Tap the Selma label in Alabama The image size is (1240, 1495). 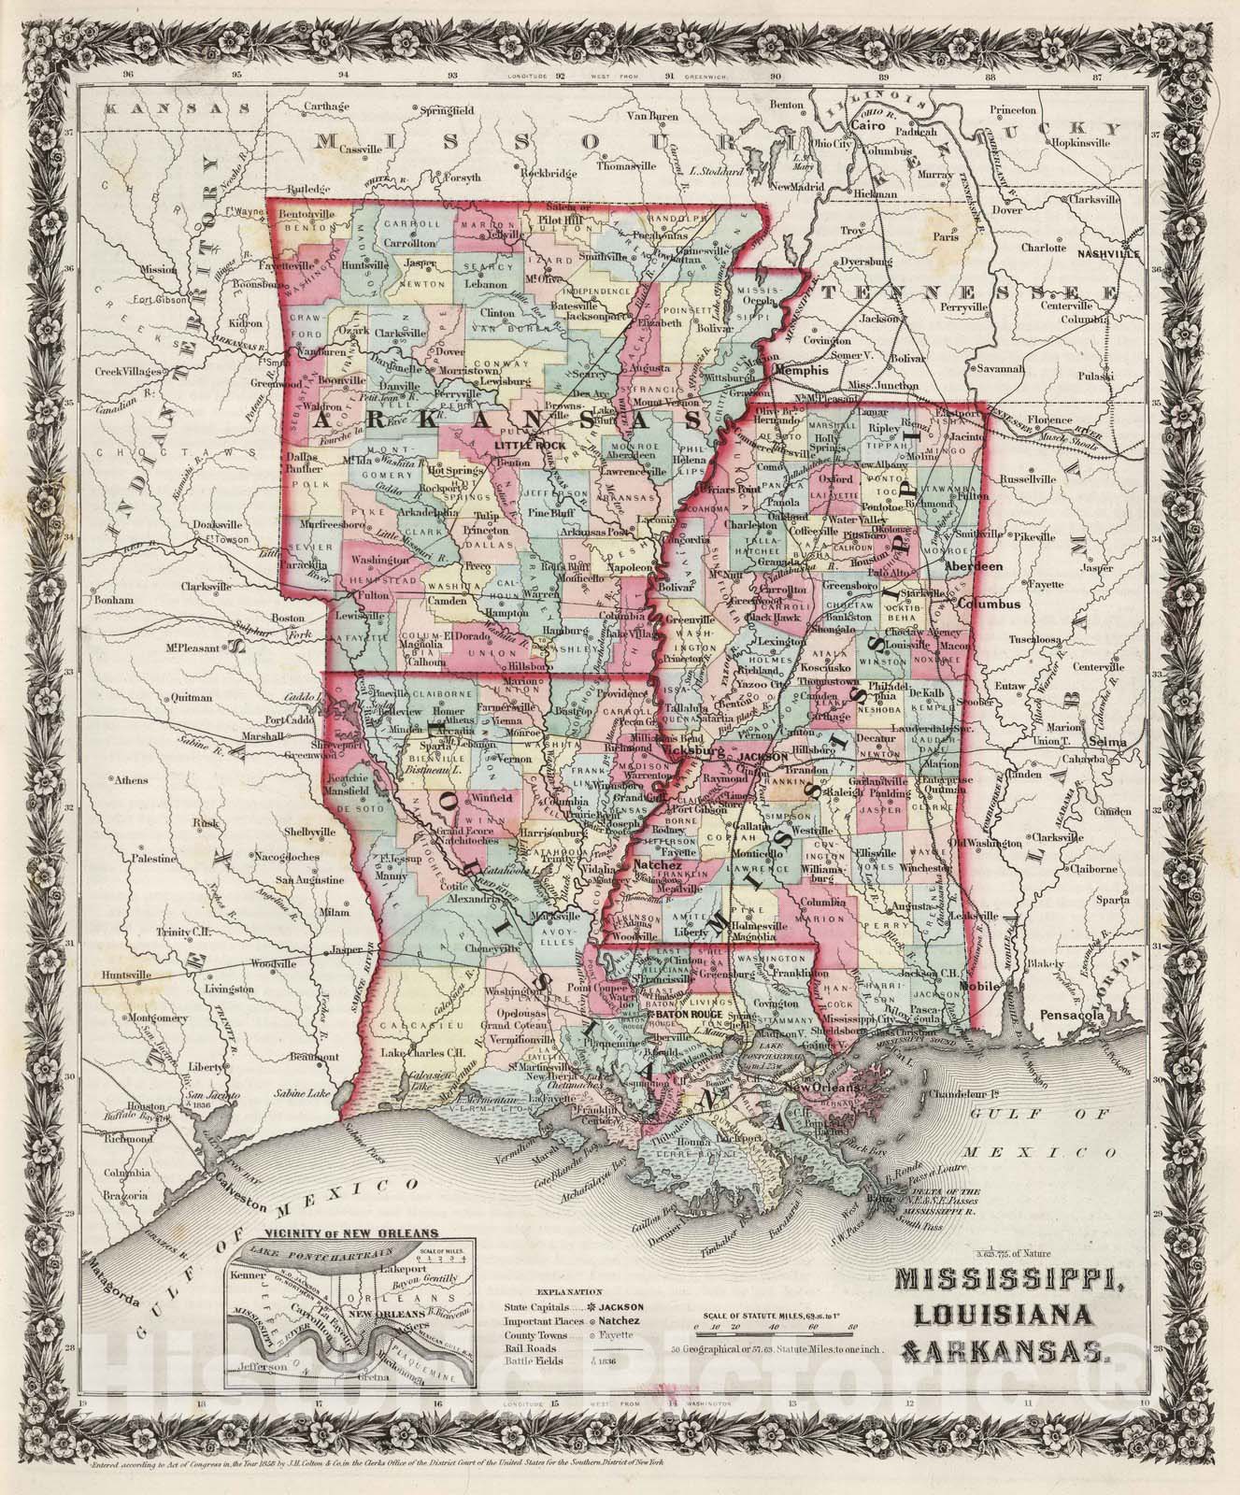tap(1124, 740)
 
